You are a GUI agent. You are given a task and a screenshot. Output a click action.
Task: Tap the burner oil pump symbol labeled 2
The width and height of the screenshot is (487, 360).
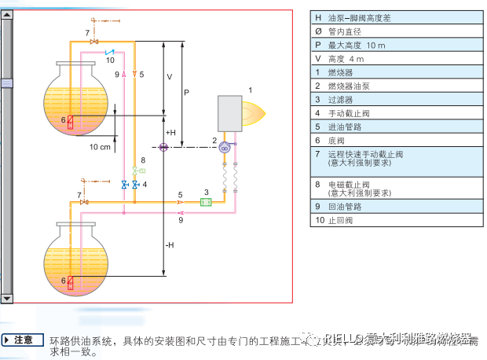pyautogui.click(x=223, y=147)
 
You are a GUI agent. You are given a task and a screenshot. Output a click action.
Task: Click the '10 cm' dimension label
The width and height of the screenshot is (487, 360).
pyautogui.click(x=99, y=147)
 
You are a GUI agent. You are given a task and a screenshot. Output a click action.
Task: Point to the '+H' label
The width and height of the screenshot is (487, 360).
pyautogui.click(x=170, y=132)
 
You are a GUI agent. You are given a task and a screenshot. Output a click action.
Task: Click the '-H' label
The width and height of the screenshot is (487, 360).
pyautogui.click(x=170, y=244)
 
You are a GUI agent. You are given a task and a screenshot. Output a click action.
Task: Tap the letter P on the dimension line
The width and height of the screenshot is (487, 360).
pyautogui.click(x=186, y=92)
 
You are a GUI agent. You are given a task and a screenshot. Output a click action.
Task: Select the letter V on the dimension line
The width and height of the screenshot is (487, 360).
pyautogui.click(x=169, y=77)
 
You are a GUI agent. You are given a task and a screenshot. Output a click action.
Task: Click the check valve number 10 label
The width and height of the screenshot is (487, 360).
pyautogui.click(x=110, y=60)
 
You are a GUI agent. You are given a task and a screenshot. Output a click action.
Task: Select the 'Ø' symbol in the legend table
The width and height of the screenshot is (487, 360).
pyautogui.click(x=318, y=31)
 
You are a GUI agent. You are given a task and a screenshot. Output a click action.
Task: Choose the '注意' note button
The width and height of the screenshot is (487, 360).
pyautogui.click(x=24, y=340)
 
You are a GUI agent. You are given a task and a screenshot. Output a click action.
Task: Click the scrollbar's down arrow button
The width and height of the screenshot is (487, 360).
pyautogui.click(x=8, y=298)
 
